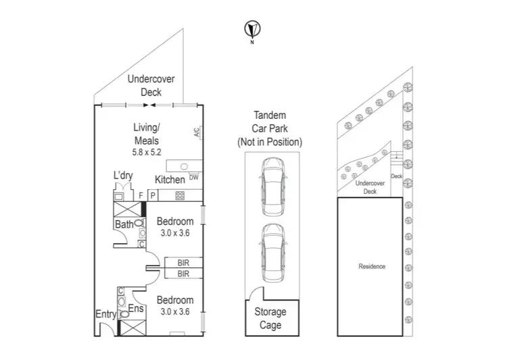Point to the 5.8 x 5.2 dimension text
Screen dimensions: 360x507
click(146, 153)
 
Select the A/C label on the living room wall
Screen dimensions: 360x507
click(197, 132)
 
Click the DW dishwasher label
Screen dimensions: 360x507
click(193, 178)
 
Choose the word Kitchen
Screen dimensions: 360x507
click(170, 180)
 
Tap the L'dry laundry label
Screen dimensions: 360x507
click(122, 176)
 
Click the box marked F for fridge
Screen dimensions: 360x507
click(141, 196)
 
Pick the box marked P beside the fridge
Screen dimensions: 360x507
click(153, 196)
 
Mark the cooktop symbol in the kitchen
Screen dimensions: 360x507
click(180, 196)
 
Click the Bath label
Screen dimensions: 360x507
click(124, 224)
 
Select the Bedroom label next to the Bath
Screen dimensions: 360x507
click(175, 222)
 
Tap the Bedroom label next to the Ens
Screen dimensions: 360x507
click(175, 301)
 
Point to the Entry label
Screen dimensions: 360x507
click(105, 314)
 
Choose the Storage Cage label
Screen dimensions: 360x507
click(270, 318)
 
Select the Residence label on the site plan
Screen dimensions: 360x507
click(372, 266)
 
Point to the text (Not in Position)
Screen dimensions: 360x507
click(270, 143)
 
